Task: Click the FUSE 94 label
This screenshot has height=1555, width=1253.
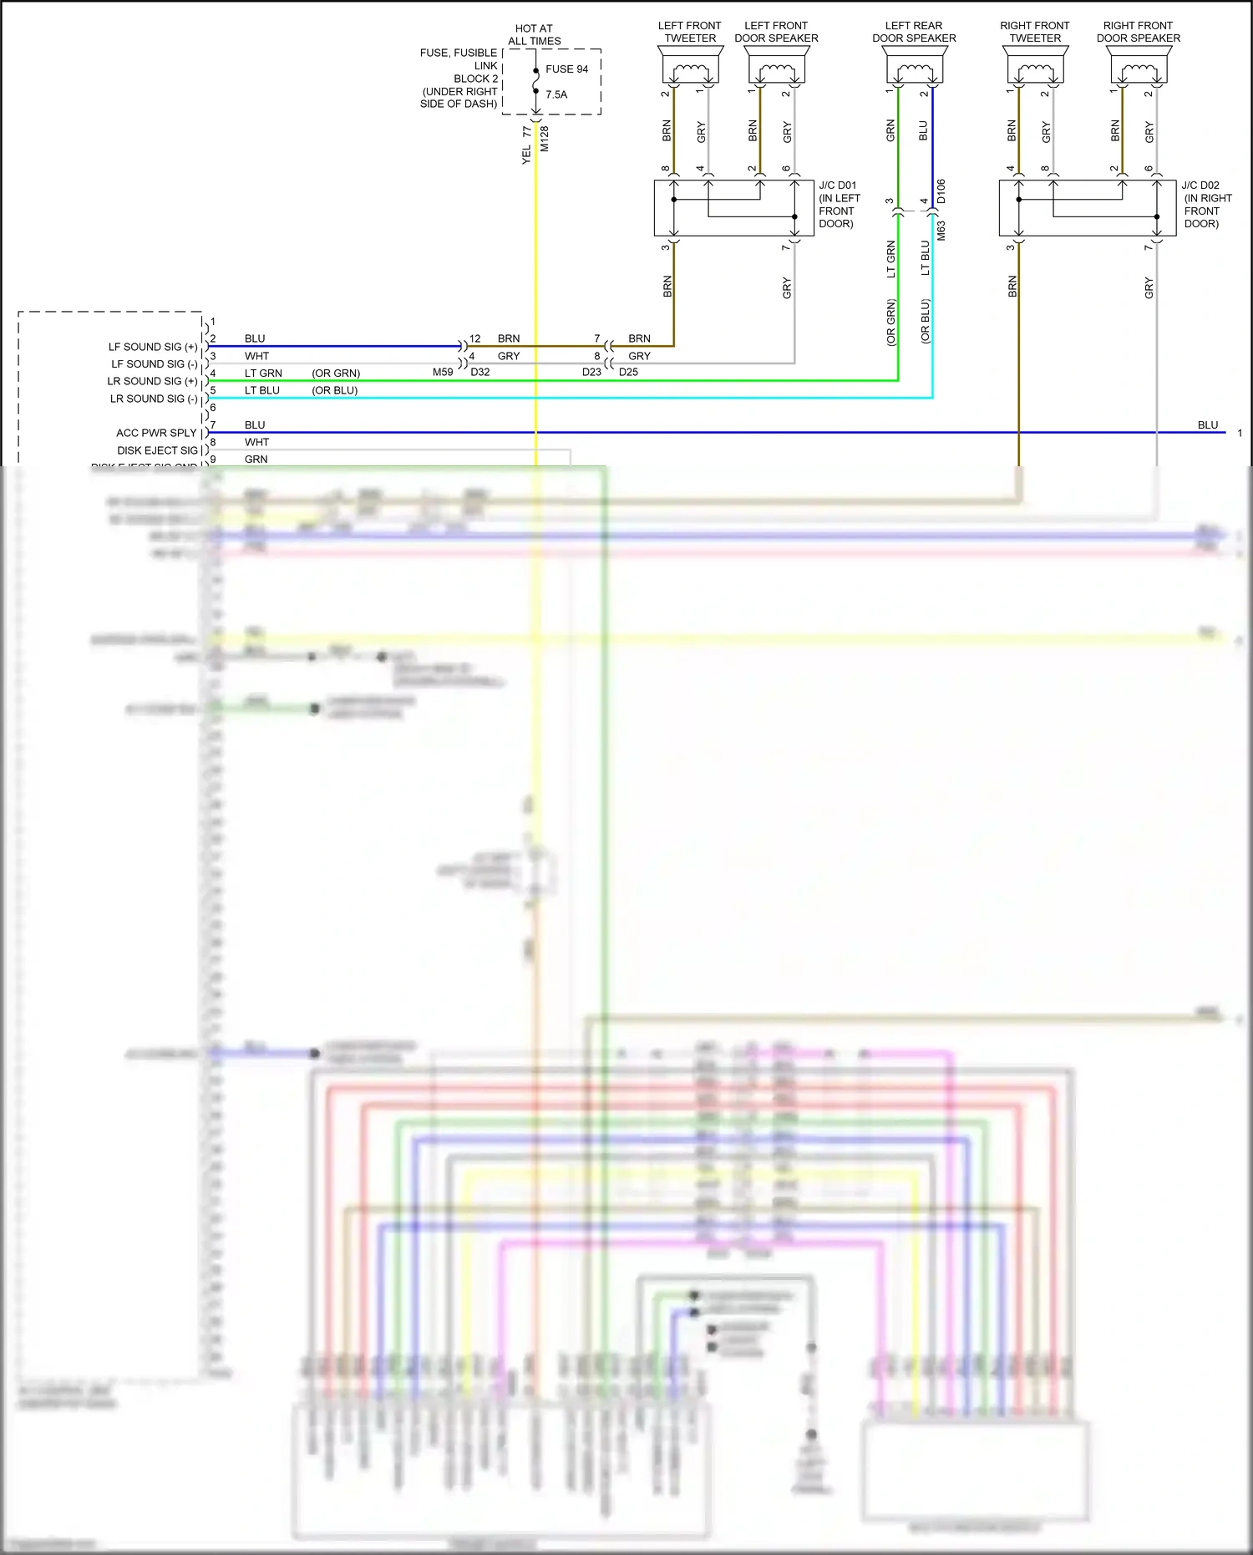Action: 566,69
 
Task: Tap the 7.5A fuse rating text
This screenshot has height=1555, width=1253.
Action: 556,94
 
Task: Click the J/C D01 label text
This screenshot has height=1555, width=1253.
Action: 838,185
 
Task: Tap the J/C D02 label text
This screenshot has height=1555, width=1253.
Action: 1200,185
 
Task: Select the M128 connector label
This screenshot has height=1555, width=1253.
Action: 545,139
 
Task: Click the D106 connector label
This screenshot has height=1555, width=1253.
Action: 941,191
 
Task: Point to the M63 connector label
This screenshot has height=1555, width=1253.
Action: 941,231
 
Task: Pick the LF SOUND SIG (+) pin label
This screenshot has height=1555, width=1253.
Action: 153,347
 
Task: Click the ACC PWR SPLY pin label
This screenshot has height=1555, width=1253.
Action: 156,433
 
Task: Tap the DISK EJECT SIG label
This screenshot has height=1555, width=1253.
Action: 157,450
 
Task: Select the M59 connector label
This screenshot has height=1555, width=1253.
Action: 443,372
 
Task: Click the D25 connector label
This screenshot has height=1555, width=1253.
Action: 628,372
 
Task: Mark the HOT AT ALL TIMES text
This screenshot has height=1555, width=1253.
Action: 535,34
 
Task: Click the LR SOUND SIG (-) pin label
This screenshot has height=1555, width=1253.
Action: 154,399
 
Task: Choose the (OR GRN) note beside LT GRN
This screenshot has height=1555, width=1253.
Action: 336,374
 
